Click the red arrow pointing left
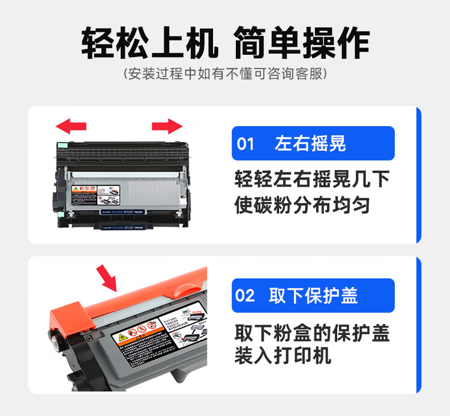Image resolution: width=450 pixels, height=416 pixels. (x=70, y=126)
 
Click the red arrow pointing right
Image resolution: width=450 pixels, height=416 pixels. (x=167, y=126)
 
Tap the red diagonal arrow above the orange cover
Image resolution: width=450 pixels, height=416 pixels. (x=108, y=277)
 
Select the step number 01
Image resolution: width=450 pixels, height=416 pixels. (x=246, y=144)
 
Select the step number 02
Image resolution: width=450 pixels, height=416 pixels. (x=246, y=296)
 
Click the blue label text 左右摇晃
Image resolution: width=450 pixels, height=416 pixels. (x=310, y=144)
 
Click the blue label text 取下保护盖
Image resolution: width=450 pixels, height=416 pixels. (x=313, y=296)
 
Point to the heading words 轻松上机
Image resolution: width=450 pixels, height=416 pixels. (x=148, y=42)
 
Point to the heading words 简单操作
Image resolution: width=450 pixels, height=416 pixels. (x=302, y=42)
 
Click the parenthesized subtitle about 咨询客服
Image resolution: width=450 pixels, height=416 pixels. (x=225, y=75)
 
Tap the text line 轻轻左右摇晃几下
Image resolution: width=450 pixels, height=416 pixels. (x=312, y=179)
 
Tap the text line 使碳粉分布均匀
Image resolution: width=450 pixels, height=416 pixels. (x=302, y=206)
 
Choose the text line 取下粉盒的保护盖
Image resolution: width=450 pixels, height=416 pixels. (x=312, y=332)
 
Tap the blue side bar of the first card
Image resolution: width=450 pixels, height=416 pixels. (x=418, y=175)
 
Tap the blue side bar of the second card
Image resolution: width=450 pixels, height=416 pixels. (x=418, y=325)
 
